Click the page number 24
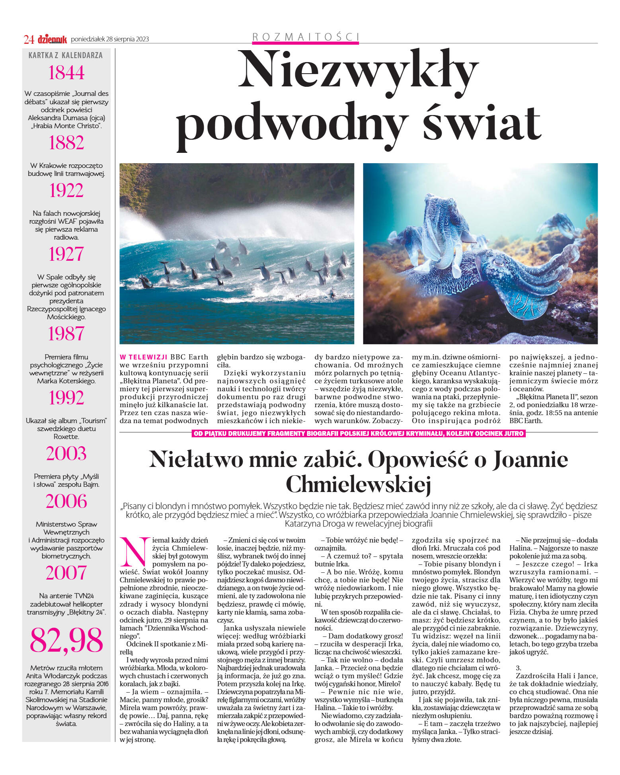point(29,39)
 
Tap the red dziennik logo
point(52,39)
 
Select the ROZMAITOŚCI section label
point(306,37)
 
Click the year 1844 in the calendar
point(66,73)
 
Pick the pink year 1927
point(66,254)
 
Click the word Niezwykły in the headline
point(358,70)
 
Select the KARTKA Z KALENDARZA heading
point(66,55)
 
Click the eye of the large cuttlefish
point(499,262)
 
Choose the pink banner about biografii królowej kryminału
point(358,433)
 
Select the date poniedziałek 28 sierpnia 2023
point(110,39)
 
